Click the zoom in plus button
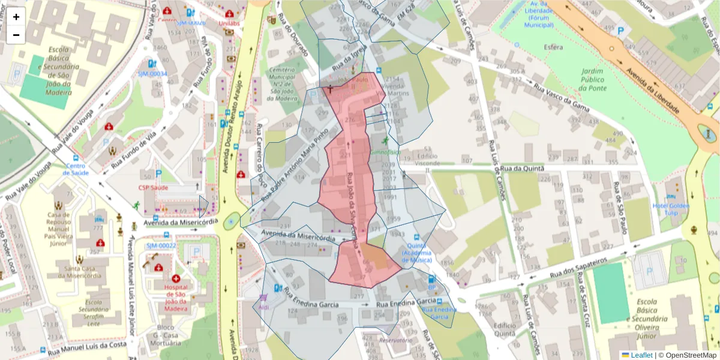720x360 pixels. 16,17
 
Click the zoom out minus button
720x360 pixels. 16,35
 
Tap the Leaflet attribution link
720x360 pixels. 641,355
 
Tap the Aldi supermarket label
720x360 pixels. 263,307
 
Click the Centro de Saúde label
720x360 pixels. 77,169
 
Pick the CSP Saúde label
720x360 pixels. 153,188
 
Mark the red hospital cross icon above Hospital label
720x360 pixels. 176,279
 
